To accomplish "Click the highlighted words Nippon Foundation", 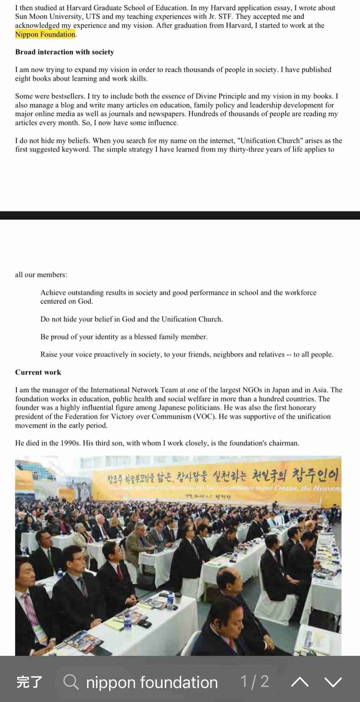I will pyautogui.click(x=45, y=34).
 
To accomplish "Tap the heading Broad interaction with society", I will pyautogui.click(x=64, y=52).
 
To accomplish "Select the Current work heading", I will pyautogui.click(x=38, y=372).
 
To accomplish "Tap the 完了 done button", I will pyautogui.click(x=29, y=682).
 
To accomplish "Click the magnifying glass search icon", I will pyautogui.click(x=71, y=682).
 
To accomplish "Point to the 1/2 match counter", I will pyautogui.click(x=255, y=681).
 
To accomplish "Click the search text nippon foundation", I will pyautogui.click(x=152, y=682).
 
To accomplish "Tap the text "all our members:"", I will pyautogui.click(x=41, y=275).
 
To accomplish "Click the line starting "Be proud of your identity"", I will pyautogui.click(x=124, y=337).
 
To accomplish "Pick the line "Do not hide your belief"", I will pyautogui.click(x=132, y=319).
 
